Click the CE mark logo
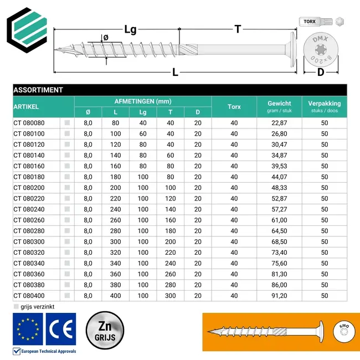click(x=61, y=329)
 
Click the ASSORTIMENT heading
click(x=38, y=90)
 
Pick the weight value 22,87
click(x=279, y=123)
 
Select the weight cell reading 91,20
click(x=279, y=296)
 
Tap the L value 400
click(x=115, y=296)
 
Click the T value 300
click(x=170, y=296)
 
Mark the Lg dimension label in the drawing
click(x=130, y=29)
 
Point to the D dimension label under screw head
click(x=321, y=72)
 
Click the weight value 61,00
click(x=279, y=220)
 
